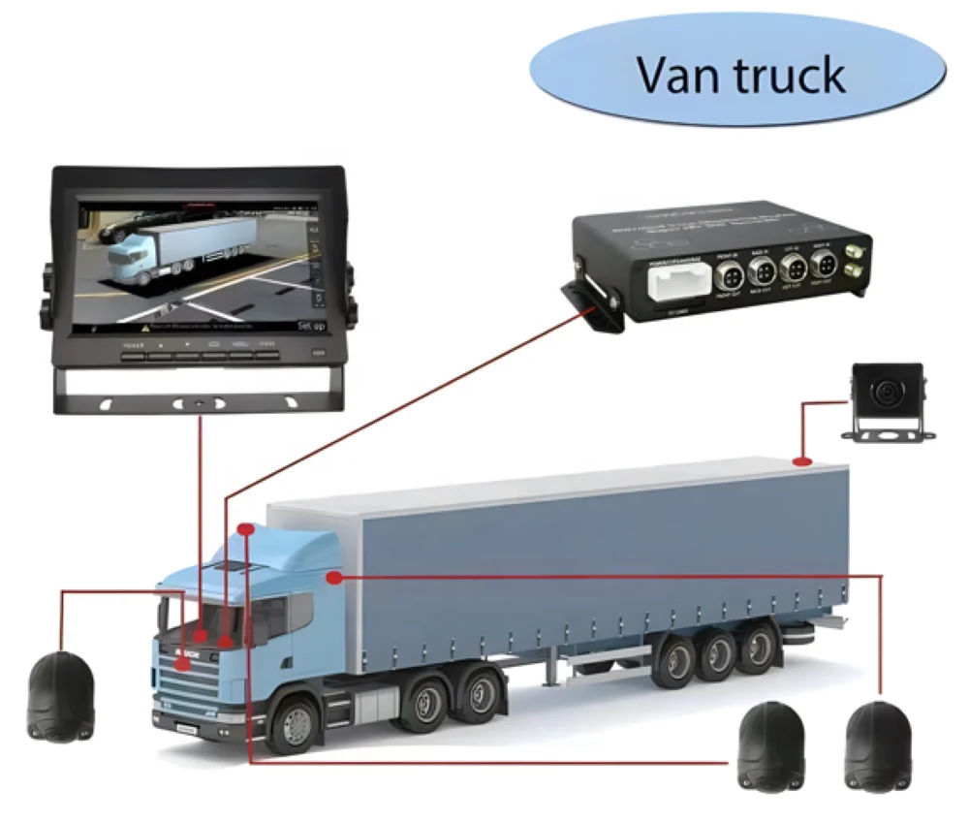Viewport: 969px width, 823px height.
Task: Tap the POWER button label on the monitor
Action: point(132,344)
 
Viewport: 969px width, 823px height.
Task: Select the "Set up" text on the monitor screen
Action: point(309,327)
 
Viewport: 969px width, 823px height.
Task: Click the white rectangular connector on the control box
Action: point(674,284)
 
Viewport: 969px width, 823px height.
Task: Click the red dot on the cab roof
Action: point(246,530)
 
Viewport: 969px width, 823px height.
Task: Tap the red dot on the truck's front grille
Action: point(183,665)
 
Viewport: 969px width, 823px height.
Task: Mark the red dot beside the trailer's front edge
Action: point(334,578)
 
